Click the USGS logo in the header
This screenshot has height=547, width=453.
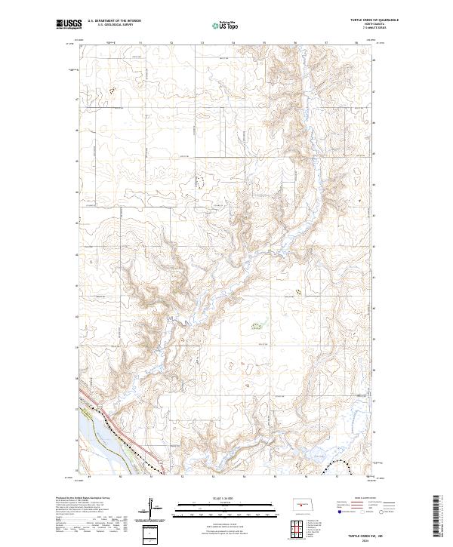69,25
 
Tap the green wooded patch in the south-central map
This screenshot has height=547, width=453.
257,326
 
